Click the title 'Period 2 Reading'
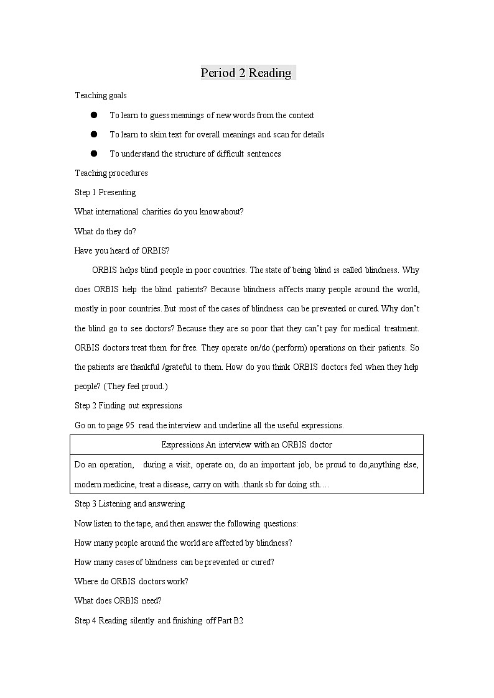(x=246, y=73)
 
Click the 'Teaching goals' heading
(x=101, y=95)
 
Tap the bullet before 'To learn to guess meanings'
(x=94, y=115)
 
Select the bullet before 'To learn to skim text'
(x=94, y=134)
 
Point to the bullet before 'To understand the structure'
(x=94, y=154)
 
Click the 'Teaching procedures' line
(x=111, y=173)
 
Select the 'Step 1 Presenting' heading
(x=105, y=192)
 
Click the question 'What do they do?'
(x=105, y=231)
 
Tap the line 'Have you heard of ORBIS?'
(x=122, y=250)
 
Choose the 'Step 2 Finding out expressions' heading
(x=128, y=405)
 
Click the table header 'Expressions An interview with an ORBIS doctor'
(x=246, y=444)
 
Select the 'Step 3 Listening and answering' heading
(x=129, y=503)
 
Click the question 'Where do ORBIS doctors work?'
(x=131, y=581)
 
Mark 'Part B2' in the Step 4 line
(x=230, y=620)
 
